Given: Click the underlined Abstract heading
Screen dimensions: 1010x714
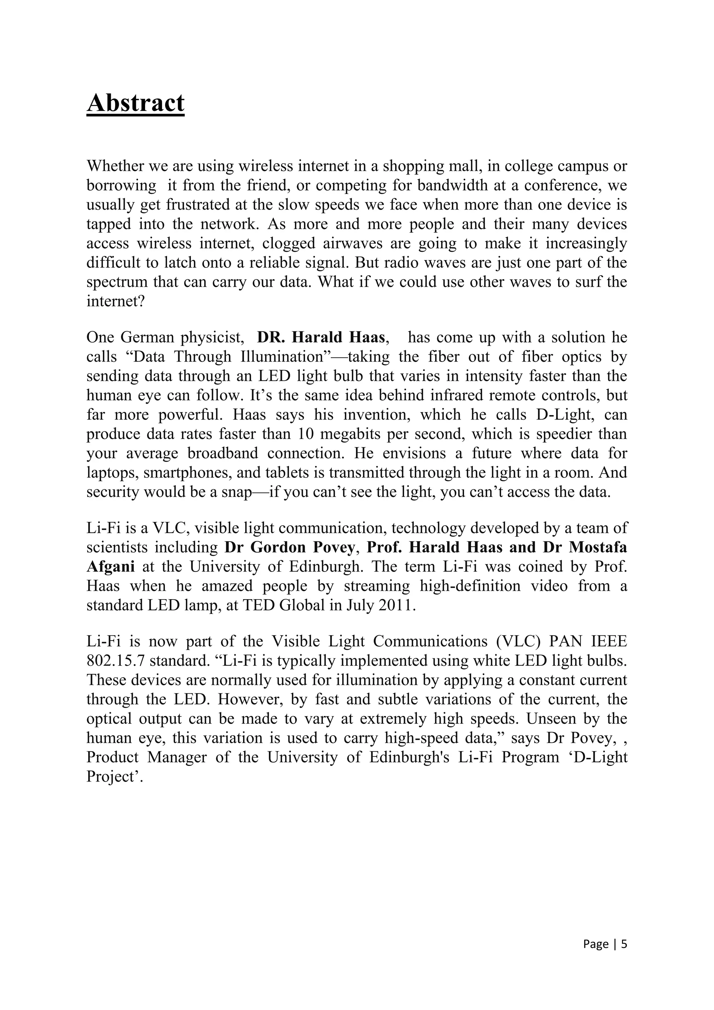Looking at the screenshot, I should (135, 103).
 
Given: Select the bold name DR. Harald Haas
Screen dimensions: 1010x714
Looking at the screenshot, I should (321, 337).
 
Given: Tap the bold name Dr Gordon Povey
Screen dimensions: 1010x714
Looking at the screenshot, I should (289, 547).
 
